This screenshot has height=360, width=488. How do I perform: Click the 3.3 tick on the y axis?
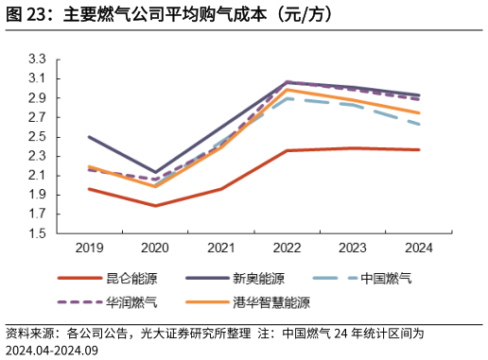37,59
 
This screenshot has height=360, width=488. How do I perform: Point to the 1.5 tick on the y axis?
37,233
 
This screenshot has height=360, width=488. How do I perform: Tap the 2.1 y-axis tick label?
37,176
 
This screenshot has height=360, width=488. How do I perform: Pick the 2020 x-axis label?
154,248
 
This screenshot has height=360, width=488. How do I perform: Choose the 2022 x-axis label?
287,248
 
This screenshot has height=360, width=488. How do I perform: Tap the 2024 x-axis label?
419,248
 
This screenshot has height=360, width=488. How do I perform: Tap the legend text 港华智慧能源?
271,303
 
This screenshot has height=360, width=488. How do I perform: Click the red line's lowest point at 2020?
154,206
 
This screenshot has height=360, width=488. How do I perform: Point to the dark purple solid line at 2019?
88,137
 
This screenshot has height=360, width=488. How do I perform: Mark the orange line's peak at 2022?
287,90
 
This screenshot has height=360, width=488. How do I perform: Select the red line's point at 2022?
287,150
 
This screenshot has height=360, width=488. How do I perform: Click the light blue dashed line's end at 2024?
419,124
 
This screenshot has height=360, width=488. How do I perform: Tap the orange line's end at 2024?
419,112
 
